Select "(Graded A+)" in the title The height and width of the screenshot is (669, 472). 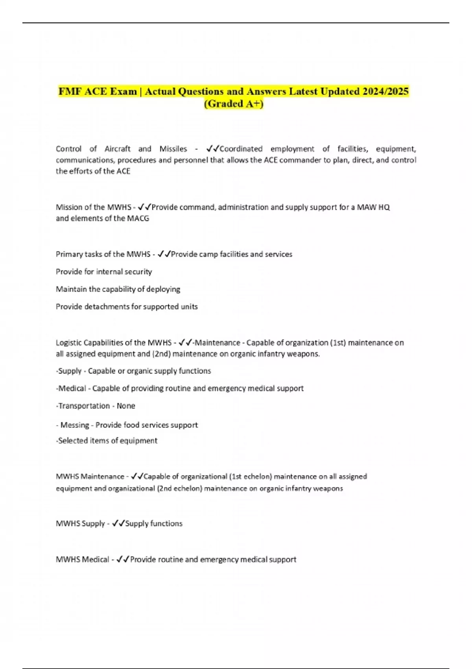(x=234, y=104)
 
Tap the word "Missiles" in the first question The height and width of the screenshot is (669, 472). (x=173, y=149)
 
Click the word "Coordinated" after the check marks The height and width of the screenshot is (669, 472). (x=241, y=149)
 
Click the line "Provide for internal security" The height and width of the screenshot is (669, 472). (x=104, y=272)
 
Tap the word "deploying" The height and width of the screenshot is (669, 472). (x=163, y=289)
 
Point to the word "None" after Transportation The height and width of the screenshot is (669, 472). (x=126, y=406)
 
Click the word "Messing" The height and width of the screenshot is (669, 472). (x=75, y=425)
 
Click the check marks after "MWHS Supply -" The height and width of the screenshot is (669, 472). (x=118, y=523)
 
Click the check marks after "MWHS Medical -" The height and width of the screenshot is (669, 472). (x=123, y=559)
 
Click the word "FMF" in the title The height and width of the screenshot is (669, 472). (x=70, y=91)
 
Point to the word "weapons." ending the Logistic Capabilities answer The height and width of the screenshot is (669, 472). (x=305, y=354)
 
